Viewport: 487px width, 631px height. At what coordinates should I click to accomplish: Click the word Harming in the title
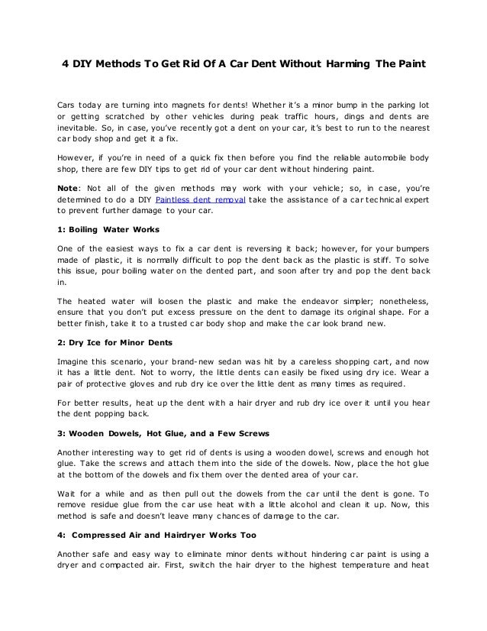[342, 64]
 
